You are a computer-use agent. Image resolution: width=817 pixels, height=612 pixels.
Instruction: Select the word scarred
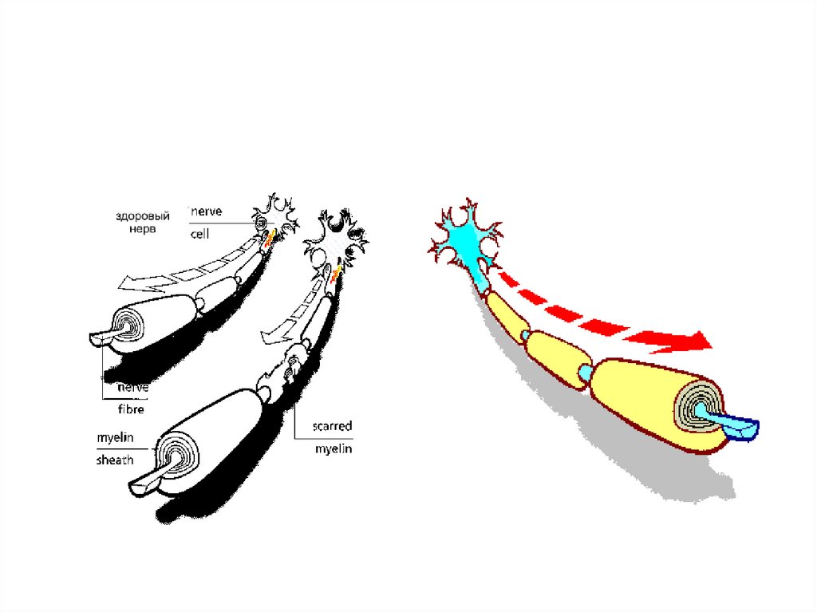click(x=331, y=426)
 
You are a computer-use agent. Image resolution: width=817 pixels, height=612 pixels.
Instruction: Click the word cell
click(x=200, y=235)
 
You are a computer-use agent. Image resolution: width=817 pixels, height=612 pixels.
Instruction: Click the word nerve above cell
click(x=205, y=212)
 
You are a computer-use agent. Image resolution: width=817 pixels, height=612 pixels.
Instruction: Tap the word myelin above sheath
click(x=114, y=438)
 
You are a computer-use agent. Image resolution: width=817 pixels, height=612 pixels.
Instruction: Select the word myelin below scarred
click(x=331, y=449)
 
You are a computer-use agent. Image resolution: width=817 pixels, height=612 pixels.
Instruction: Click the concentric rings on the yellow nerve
click(x=696, y=409)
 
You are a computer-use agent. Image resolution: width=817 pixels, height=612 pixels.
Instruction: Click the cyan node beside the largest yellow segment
click(x=586, y=371)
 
